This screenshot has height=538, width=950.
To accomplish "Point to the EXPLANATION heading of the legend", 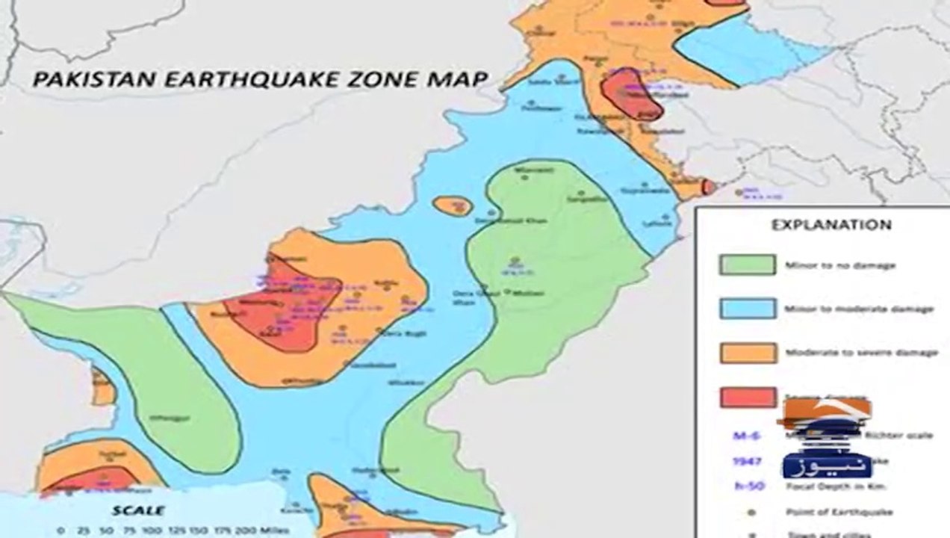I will coord(820,224).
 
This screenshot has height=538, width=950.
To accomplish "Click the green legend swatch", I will coord(747,265).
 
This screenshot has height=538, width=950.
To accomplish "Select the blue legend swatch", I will coord(747,308).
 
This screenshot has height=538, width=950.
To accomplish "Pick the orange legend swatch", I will coord(747,352).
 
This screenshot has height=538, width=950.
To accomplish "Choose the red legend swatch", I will coord(747,397).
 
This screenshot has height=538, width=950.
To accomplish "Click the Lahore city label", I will coord(658,222).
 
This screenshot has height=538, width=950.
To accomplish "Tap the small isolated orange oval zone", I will coord(453,206).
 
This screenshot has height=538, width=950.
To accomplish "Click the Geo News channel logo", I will coord(826,441).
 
